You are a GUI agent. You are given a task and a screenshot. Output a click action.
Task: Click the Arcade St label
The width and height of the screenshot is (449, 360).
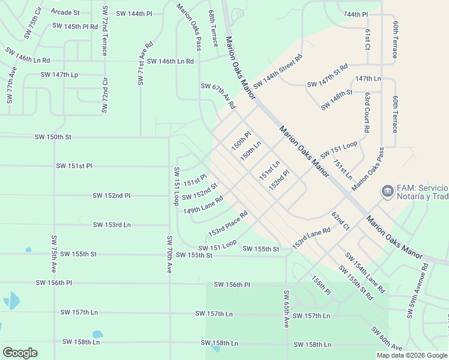coord(65,12)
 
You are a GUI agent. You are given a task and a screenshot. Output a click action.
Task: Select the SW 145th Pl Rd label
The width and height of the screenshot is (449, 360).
coord(75,26)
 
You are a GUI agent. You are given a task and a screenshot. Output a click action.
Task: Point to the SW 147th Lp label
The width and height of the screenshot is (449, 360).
coord(59,75)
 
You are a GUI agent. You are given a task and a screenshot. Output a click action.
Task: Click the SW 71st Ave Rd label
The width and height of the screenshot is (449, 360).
coord(144,64)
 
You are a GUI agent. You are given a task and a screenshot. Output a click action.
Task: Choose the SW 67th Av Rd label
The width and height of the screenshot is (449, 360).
coord(217,97)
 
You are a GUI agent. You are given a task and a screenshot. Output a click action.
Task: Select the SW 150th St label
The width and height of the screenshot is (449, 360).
coord(53,137)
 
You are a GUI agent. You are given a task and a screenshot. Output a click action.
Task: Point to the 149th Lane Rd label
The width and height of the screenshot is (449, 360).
coord(203,205)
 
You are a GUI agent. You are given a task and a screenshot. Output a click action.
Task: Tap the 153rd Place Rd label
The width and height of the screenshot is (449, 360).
coord(228,223)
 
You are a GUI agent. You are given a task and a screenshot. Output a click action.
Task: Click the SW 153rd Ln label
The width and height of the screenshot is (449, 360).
coord(112,225)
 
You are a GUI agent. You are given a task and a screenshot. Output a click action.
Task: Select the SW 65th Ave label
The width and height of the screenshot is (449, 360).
coord(287,308)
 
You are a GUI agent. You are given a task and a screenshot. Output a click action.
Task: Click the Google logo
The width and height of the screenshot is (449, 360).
coord(20,352)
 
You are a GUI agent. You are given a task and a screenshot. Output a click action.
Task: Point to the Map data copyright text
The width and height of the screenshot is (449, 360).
coord(411,355)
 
